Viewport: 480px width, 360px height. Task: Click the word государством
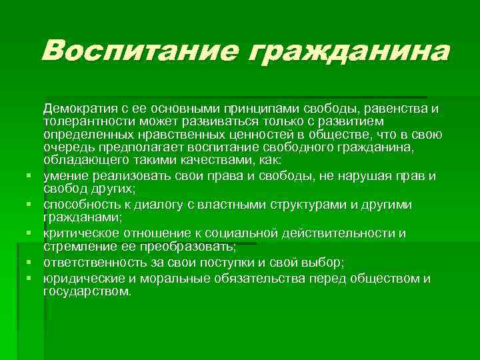86,291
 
